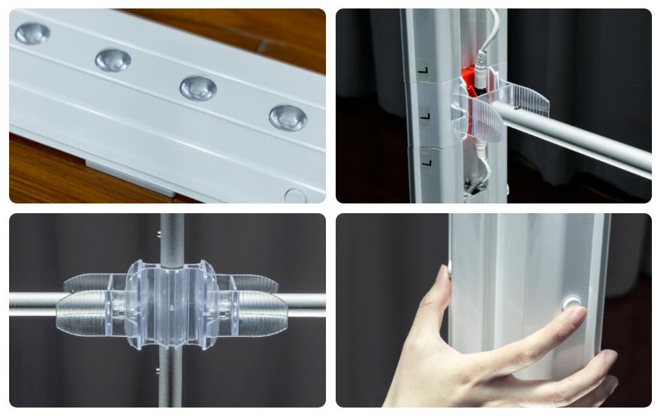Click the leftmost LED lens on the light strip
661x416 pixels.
click(x=33, y=33)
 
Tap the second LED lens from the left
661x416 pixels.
click(x=113, y=60)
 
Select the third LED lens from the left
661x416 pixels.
click(x=198, y=88)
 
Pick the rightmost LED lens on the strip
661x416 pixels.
click(x=288, y=118)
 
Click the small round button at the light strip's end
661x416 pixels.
click(x=295, y=196)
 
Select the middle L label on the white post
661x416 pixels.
click(x=426, y=116)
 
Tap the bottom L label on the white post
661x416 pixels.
click(x=427, y=162)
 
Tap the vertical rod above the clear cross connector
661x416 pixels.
click(x=171, y=240)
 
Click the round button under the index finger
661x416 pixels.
click(x=571, y=303)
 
